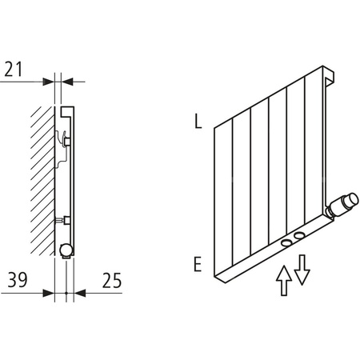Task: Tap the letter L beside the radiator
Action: click(197, 122)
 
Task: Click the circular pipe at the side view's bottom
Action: click(64, 250)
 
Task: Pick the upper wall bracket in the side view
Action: click(66, 142)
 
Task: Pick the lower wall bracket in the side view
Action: click(66, 219)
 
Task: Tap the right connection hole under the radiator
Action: click(299, 235)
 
